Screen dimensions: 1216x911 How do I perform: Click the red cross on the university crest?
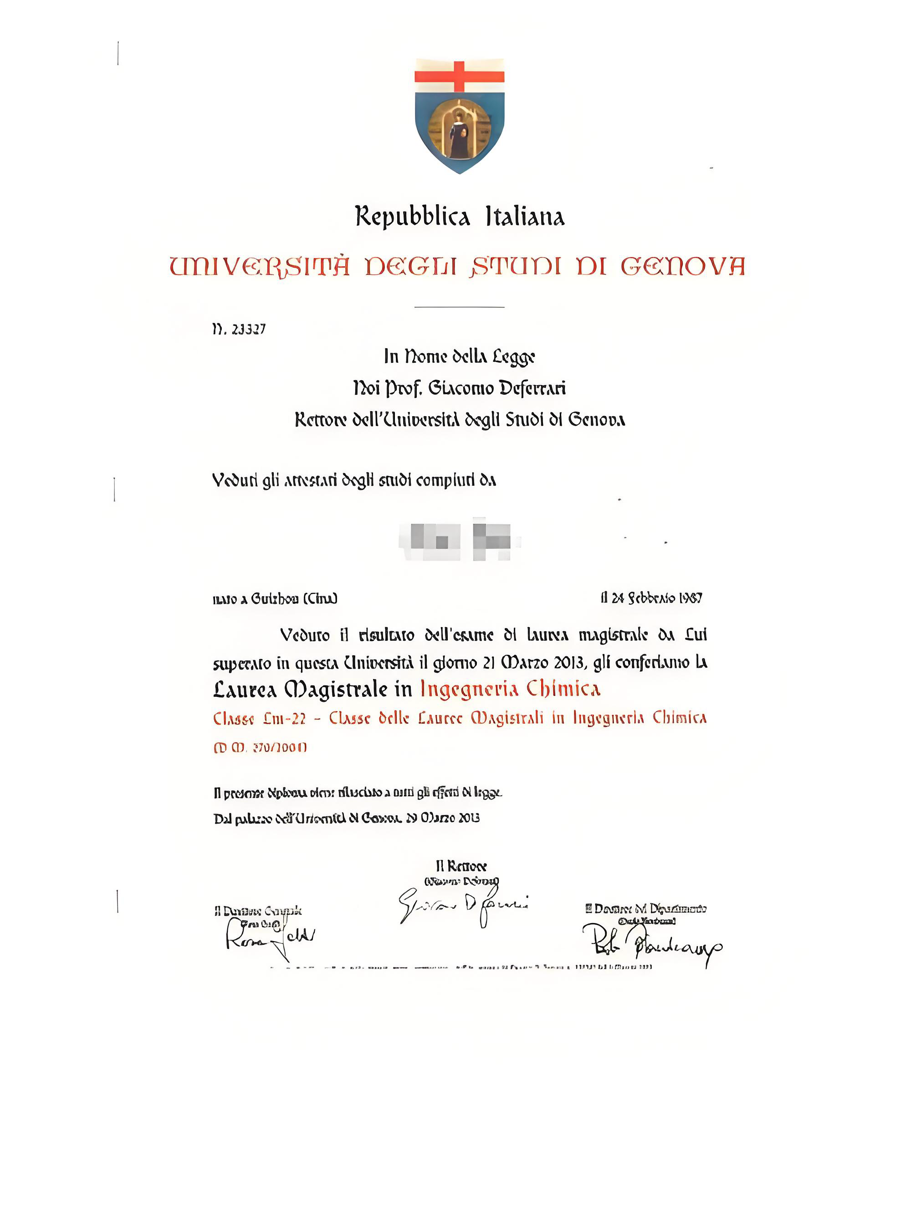click(459, 76)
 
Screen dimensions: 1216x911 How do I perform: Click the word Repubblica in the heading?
click(412, 216)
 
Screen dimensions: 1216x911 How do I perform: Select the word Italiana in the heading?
click(525, 216)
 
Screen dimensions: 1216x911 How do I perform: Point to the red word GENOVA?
click(682, 267)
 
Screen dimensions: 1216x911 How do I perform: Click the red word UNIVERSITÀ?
click(259, 267)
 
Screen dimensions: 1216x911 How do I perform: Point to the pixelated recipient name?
click(459, 539)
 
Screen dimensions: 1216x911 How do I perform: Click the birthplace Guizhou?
click(274, 598)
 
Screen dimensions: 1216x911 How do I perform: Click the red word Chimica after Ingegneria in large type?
click(563, 689)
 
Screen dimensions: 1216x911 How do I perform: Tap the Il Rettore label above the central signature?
click(461, 867)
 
